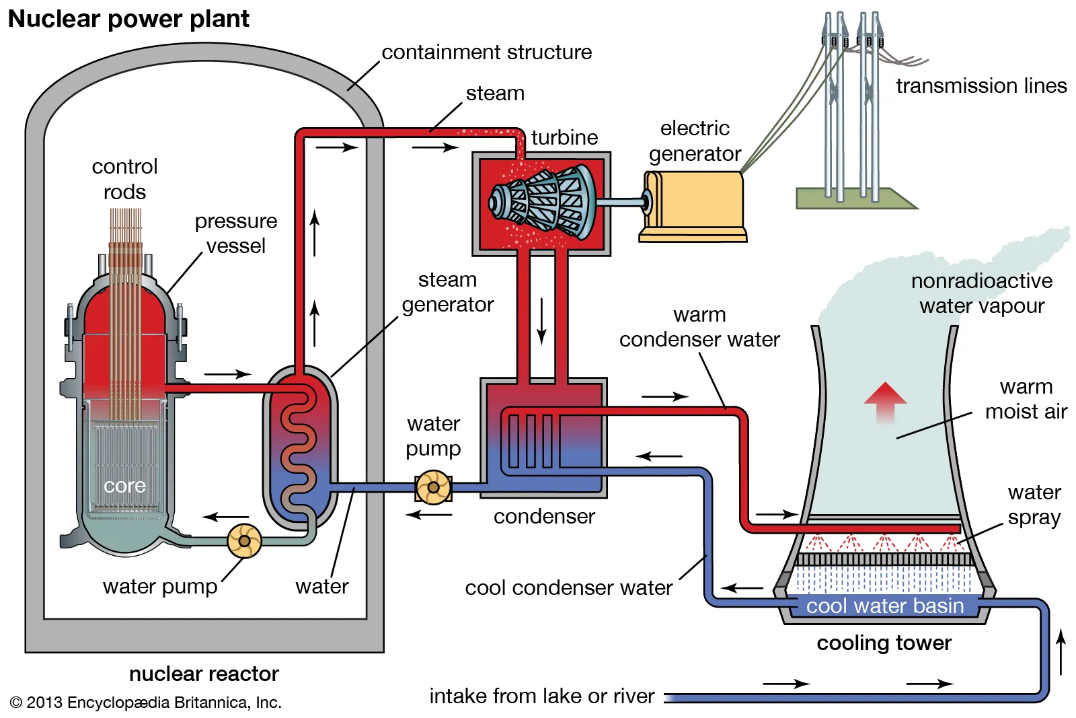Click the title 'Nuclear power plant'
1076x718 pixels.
click(128, 19)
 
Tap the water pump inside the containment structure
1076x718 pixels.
click(244, 540)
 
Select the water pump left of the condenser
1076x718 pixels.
click(433, 487)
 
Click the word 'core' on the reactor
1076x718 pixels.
click(124, 485)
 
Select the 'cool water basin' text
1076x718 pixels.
click(884, 606)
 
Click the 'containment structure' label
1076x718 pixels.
click(486, 52)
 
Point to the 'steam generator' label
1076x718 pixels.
click(447, 292)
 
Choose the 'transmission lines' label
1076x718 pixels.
click(981, 85)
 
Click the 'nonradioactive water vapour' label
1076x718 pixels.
click(981, 293)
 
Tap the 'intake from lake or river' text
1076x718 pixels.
click(541, 696)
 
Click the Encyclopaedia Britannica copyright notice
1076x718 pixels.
click(146, 703)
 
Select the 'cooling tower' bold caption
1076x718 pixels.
click(884, 643)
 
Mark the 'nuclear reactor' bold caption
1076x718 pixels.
click(204, 674)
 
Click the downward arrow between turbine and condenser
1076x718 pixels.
click(541, 322)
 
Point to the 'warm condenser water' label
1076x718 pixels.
click(699, 327)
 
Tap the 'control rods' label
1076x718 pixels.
click(124, 179)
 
